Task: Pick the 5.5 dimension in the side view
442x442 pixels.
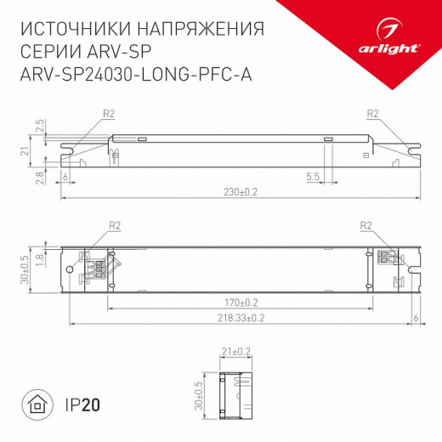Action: point(312,176)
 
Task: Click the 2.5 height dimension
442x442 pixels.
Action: point(40,124)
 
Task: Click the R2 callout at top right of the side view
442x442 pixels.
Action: point(372,113)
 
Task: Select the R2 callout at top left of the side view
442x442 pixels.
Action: point(108,113)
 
